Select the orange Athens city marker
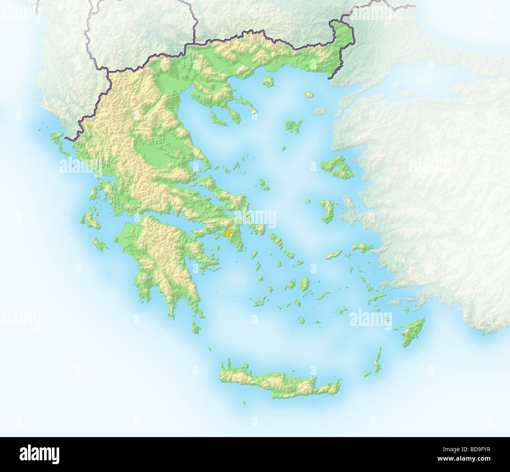pyautogui.click(x=227, y=234)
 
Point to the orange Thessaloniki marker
pyautogui.click(x=194, y=85)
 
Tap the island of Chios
pyautogui.click(x=326, y=211)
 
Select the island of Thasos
pyautogui.click(x=268, y=82)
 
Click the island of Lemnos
pyautogui.click(x=293, y=126)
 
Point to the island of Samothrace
pyautogui.click(x=309, y=95)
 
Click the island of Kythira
pyautogui.click(x=196, y=327)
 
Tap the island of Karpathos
pyautogui.click(x=378, y=360)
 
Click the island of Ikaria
pyautogui.click(x=334, y=255)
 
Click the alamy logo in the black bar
pyautogui.click(x=39, y=454)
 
